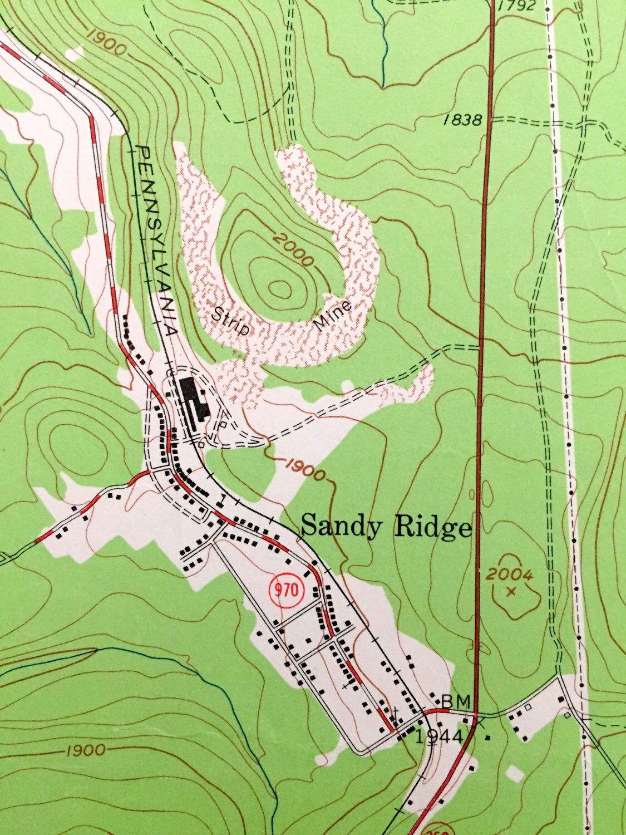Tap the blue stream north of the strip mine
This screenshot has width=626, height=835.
[382, 45]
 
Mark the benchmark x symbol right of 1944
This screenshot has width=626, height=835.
[478, 721]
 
